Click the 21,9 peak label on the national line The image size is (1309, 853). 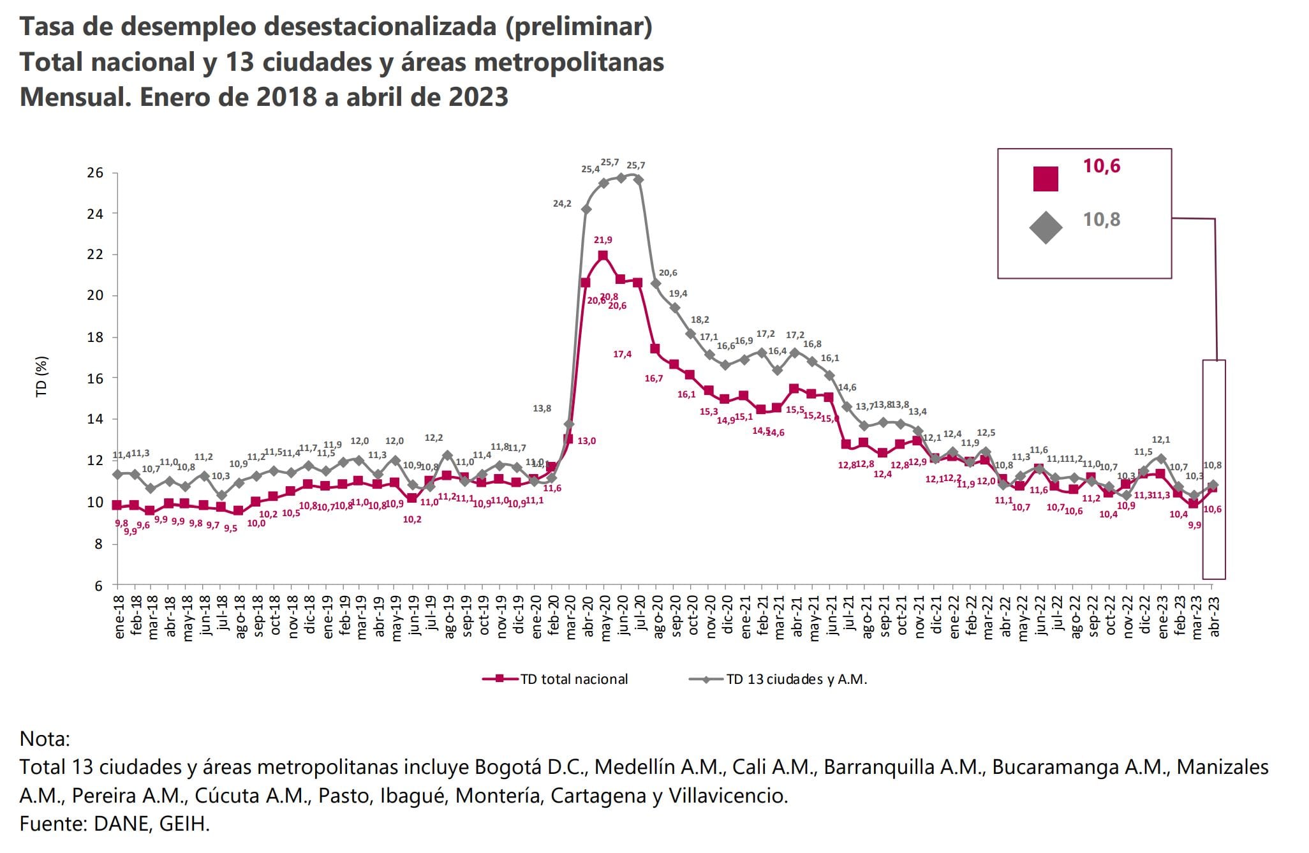point(602,240)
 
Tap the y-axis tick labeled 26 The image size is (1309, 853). point(95,173)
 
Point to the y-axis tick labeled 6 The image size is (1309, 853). point(99,586)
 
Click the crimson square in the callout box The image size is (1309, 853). point(1046,179)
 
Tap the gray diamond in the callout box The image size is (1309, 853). point(1046,227)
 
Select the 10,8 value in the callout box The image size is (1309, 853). point(1101,219)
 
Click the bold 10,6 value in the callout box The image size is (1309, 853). point(1101,166)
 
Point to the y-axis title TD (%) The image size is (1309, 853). point(42,376)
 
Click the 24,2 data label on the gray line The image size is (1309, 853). point(562,204)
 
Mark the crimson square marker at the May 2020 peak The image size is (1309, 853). point(602,256)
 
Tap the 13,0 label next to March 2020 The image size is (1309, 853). point(586,441)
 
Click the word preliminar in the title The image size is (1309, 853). point(579,27)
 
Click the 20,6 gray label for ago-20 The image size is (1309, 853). point(668,272)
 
